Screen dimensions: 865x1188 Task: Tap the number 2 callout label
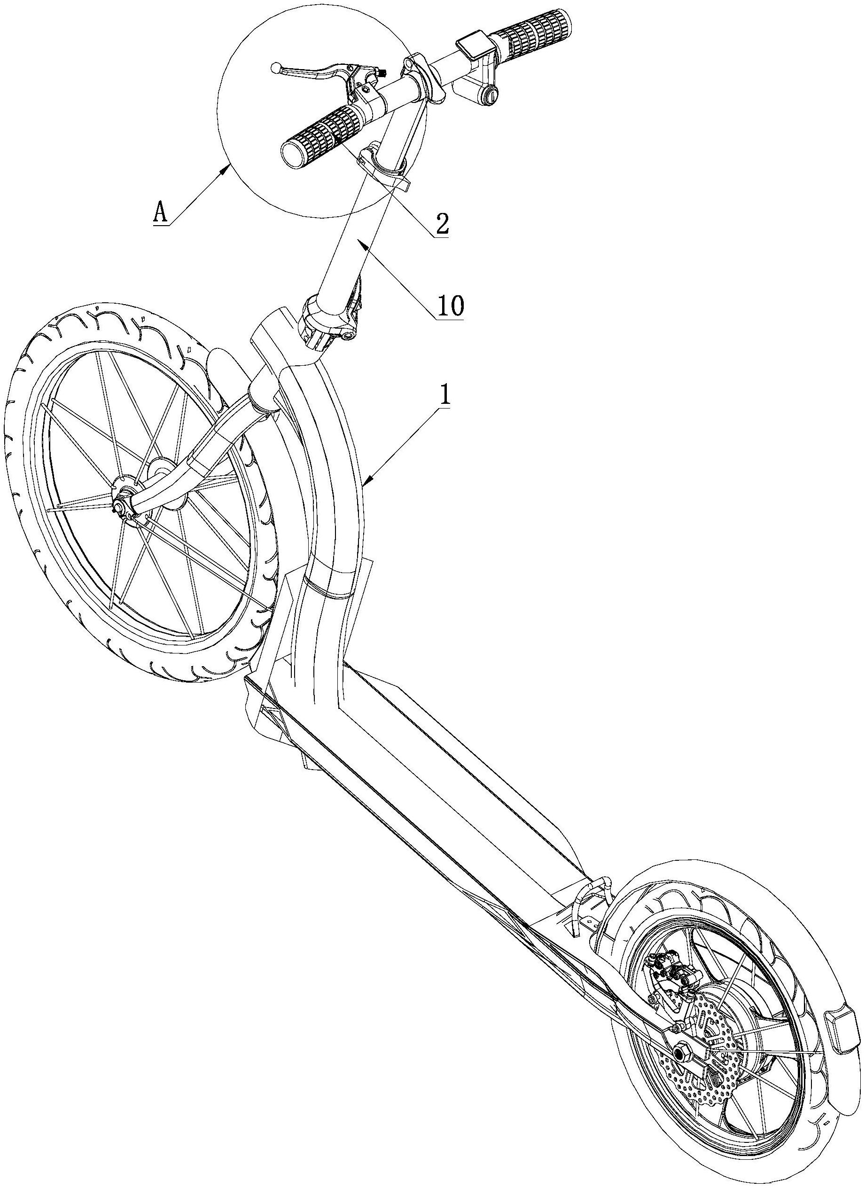click(x=441, y=224)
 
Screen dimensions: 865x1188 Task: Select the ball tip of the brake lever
click(x=275, y=67)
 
